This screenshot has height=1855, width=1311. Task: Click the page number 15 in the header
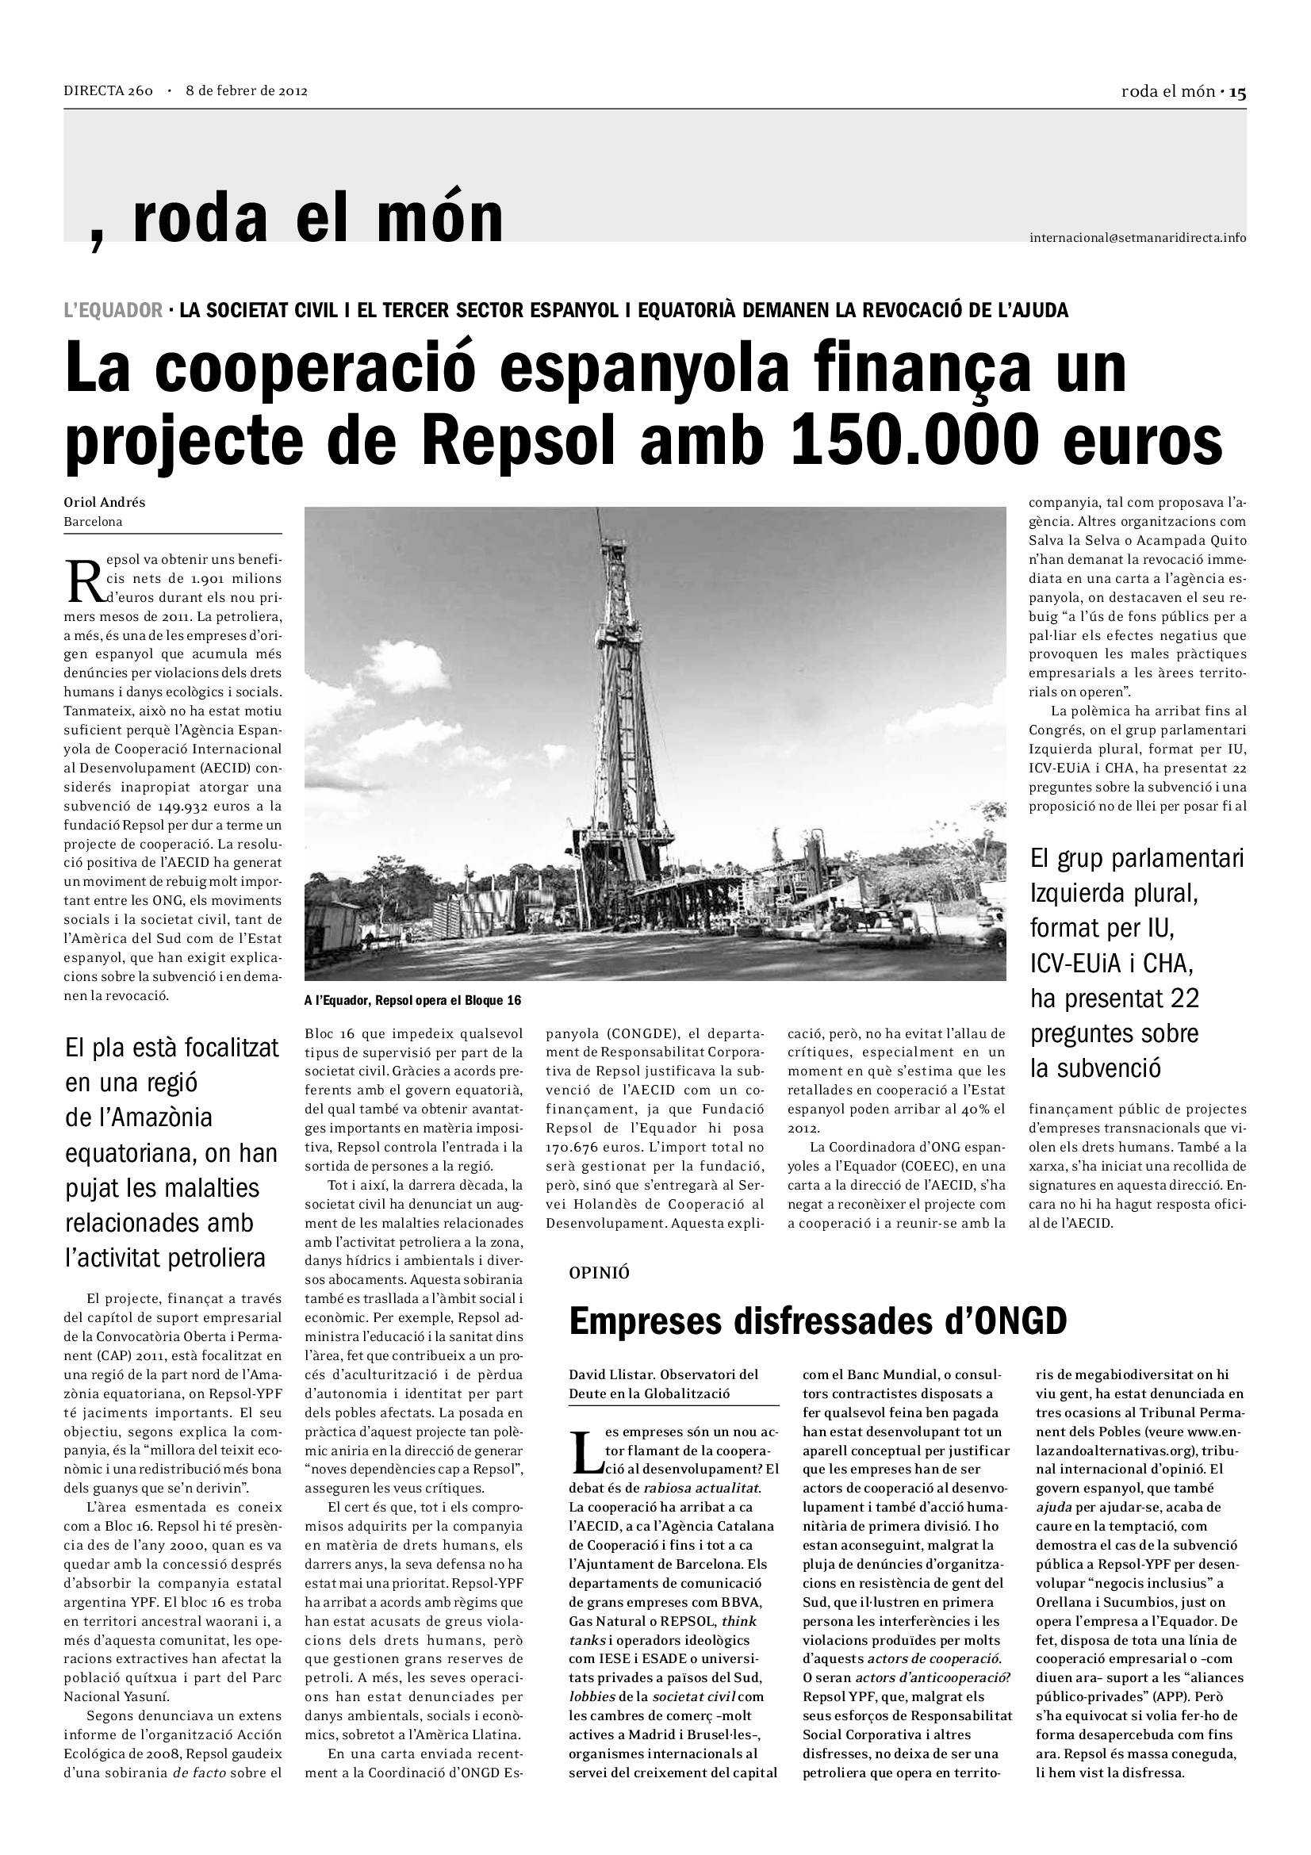(x=1237, y=92)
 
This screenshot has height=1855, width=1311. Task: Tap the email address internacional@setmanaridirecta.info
(x=1137, y=238)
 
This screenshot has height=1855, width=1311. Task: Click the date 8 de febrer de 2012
(x=247, y=90)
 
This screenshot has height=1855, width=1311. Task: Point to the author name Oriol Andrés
(x=104, y=502)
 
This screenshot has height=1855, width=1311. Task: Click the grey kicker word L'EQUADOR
(x=113, y=310)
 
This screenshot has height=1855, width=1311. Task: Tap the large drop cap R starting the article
(x=82, y=579)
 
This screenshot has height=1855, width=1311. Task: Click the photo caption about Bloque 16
(x=412, y=1001)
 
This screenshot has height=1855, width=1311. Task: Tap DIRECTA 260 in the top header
(x=108, y=90)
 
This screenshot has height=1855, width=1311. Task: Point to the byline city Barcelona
(x=93, y=522)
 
